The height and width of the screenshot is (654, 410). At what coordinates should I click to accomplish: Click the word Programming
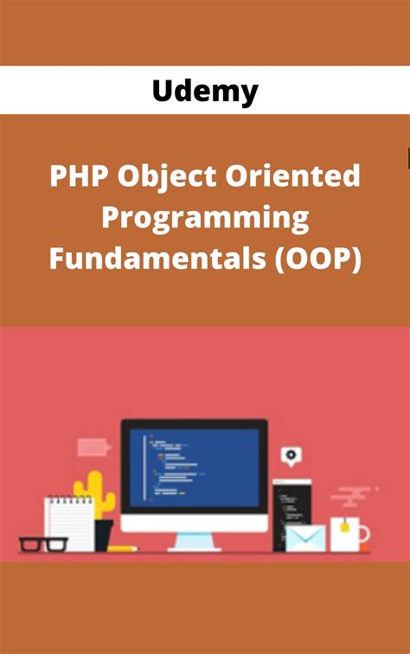tap(205, 217)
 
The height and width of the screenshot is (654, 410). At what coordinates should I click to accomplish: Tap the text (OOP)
tap(317, 257)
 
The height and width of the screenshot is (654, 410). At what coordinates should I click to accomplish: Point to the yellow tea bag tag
tap(344, 526)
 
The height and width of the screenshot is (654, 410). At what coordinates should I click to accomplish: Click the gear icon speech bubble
tap(290, 455)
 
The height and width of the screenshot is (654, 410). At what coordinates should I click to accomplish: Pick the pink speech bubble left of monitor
tap(93, 446)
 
